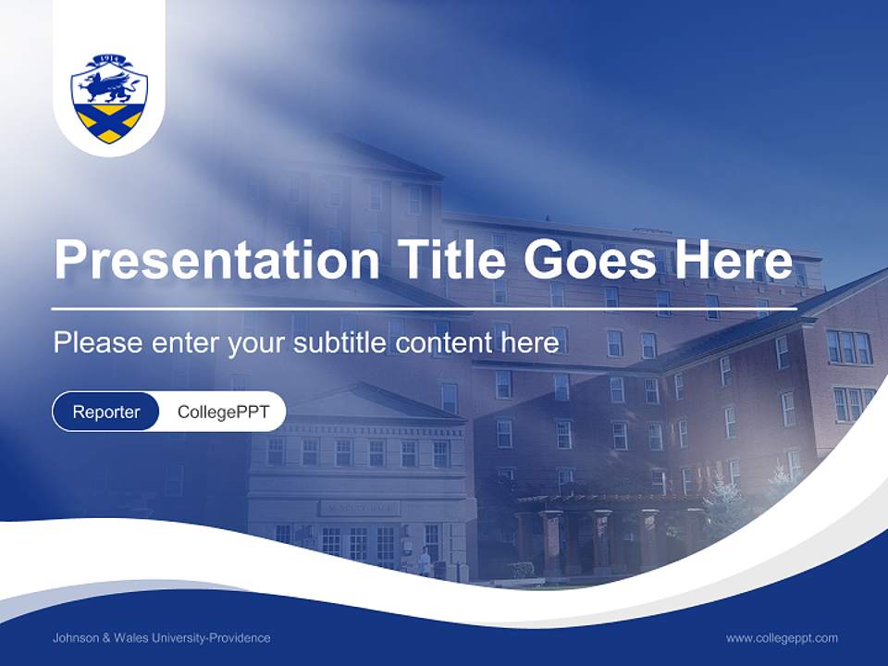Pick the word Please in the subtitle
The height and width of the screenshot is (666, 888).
(x=96, y=343)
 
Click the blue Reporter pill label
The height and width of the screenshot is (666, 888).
(x=105, y=412)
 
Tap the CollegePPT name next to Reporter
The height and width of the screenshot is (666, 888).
(x=223, y=412)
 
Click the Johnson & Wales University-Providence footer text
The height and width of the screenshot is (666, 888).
(x=162, y=638)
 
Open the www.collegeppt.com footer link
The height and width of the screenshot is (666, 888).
(x=782, y=638)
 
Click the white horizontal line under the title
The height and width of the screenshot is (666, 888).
(x=424, y=308)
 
